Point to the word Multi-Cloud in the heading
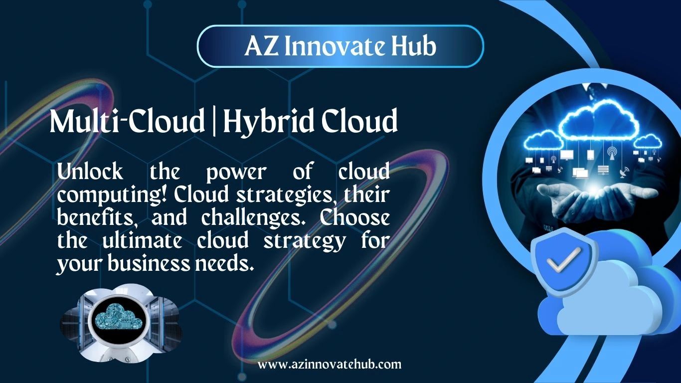[127, 122]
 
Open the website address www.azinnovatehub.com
[330, 364]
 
